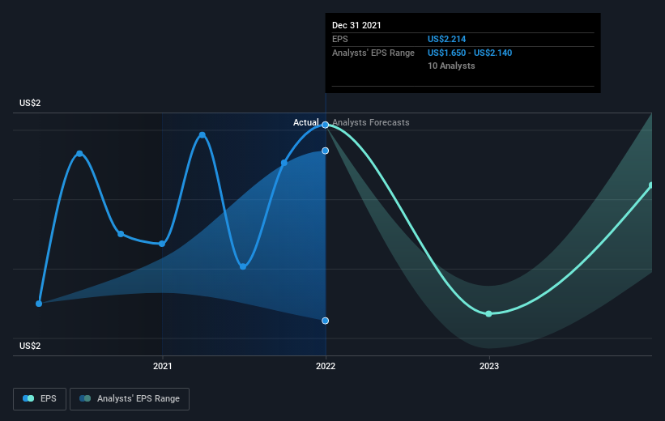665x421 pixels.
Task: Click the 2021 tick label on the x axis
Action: coord(163,366)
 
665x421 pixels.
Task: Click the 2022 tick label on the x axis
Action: coord(326,366)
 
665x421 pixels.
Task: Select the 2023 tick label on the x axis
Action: coord(489,366)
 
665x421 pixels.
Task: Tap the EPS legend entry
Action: coord(40,398)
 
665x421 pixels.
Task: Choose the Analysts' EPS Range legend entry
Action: coord(130,398)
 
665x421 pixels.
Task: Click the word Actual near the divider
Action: coord(306,122)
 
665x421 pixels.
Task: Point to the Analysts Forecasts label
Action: coord(371,122)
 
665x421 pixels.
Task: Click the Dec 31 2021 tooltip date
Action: coord(356,25)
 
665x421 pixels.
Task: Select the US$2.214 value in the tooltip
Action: coord(446,39)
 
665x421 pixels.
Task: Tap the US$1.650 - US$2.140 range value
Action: coord(470,53)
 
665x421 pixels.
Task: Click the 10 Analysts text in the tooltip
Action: coord(451,66)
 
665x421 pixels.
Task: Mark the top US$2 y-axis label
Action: coord(30,103)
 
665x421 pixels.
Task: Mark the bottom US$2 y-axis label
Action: coord(30,346)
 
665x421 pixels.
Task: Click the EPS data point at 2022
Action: coord(326,125)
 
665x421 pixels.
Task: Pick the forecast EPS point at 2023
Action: coord(488,314)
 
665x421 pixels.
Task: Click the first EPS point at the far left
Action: coord(39,304)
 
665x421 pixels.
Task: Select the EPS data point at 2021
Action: coord(162,244)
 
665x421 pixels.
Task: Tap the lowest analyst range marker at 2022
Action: coord(326,321)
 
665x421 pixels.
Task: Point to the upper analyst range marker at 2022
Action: coord(326,151)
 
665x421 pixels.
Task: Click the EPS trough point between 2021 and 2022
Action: coord(243,266)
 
